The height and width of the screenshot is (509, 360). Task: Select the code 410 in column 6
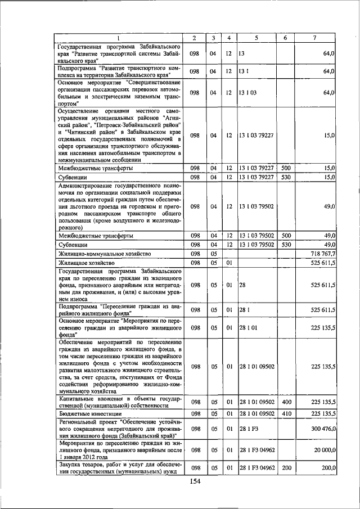[286, 413]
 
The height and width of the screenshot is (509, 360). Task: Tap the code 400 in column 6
[286, 402]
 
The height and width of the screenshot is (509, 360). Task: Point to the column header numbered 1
[119, 38]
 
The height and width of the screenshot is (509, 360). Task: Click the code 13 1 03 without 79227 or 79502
[247, 92]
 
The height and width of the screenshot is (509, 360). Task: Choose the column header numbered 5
[256, 38]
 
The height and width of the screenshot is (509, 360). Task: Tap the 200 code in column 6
[286, 467]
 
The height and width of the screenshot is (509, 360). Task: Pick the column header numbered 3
[213, 38]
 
